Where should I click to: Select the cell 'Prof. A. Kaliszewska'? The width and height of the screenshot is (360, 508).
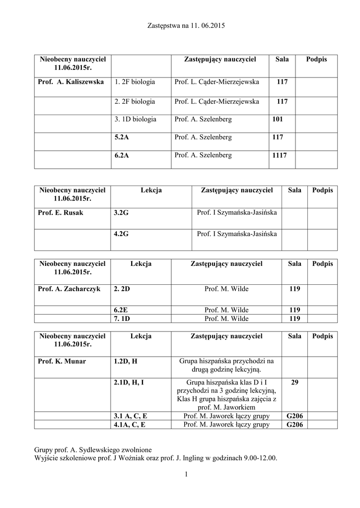click(x=71, y=82)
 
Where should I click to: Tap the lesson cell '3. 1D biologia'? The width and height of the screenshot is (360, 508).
click(x=135, y=119)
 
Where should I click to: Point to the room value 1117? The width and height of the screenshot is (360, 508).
click(x=280, y=155)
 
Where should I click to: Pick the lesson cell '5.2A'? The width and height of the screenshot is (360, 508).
click(x=122, y=137)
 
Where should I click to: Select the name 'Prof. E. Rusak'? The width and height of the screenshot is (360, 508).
click(x=61, y=213)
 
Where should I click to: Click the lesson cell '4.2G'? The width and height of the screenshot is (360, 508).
click(x=121, y=233)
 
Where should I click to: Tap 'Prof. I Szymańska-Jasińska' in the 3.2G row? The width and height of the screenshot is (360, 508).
click(x=236, y=213)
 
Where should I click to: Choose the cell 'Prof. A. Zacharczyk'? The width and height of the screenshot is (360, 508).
click(x=69, y=288)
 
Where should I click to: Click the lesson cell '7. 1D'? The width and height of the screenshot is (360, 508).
click(x=122, y=318)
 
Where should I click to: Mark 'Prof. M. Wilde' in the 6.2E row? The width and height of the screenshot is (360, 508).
click(x=226, y=310)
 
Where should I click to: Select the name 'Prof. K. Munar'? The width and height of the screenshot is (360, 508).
click(x=62, y=361)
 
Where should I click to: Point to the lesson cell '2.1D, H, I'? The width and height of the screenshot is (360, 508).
click(x=129, y=382)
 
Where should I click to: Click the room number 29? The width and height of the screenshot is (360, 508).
click(x=294, y=382)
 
